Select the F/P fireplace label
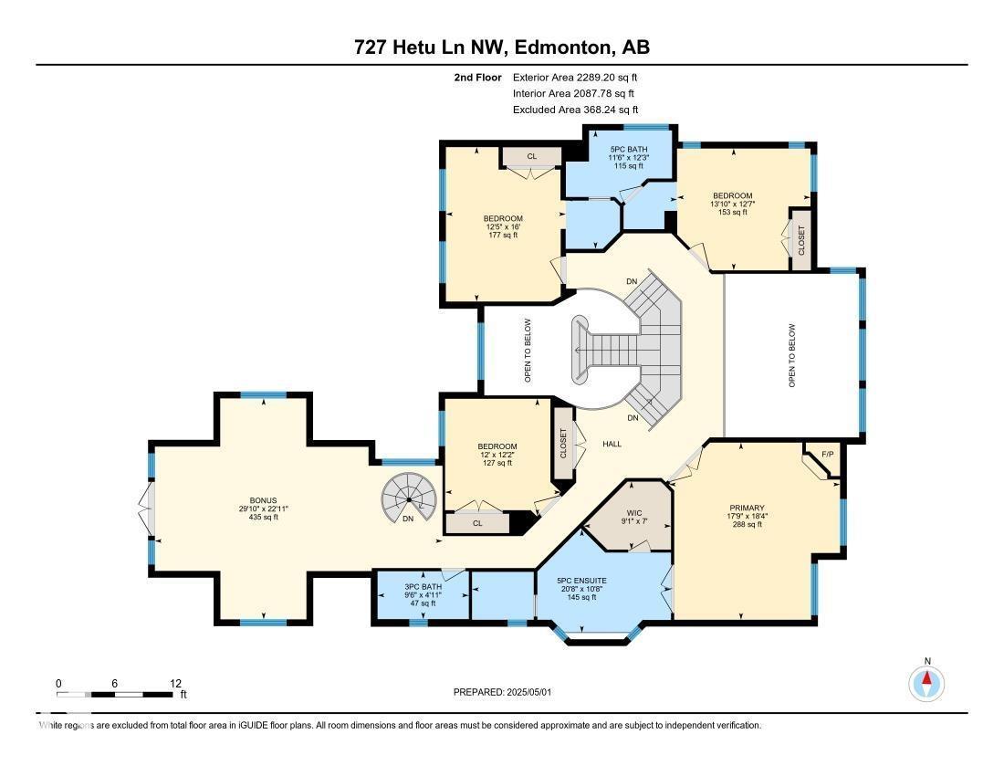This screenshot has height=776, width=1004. [827, 454]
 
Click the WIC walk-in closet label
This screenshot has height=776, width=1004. [634, 513]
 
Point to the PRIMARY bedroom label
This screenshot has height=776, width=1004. [747, 508]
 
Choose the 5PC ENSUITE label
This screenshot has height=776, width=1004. [581, 581]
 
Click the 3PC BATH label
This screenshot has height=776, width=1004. [424, 586]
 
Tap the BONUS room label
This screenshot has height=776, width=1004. [263, 500]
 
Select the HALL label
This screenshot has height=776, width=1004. [612, 444]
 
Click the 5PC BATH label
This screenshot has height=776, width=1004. [629, 149]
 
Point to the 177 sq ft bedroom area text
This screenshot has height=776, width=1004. [503, 235]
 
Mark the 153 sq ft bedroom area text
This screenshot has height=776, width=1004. [733, 212]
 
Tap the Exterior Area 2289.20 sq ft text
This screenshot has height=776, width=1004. [575, 78]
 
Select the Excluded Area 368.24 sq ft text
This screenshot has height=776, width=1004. [576, 110]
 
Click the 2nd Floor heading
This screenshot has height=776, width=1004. [477, 78]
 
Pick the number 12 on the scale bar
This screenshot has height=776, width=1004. [175, 684]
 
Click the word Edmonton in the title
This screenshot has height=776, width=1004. [561, 47]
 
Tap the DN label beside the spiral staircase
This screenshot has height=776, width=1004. [408, 519]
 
